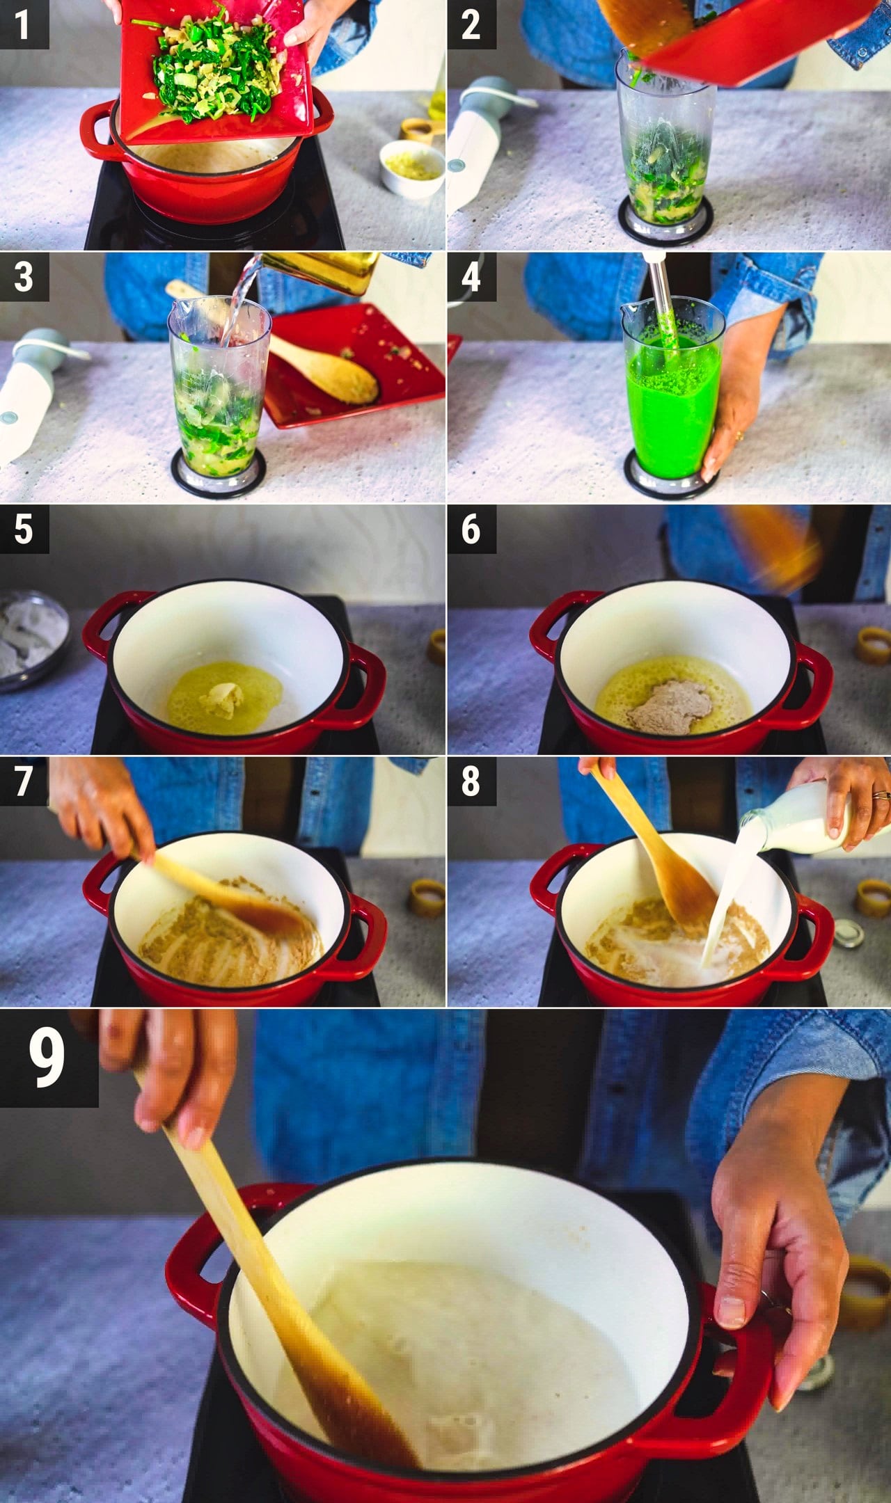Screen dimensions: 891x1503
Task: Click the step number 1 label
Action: coord(24,24)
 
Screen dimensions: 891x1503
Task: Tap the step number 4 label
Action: coord(471,276)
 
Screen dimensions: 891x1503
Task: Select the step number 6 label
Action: coord(471,529)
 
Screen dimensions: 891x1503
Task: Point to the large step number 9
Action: coord(48,1058)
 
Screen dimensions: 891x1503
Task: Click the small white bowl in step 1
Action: coord(412,169)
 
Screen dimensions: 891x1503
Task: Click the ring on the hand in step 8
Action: coord(881,795)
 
